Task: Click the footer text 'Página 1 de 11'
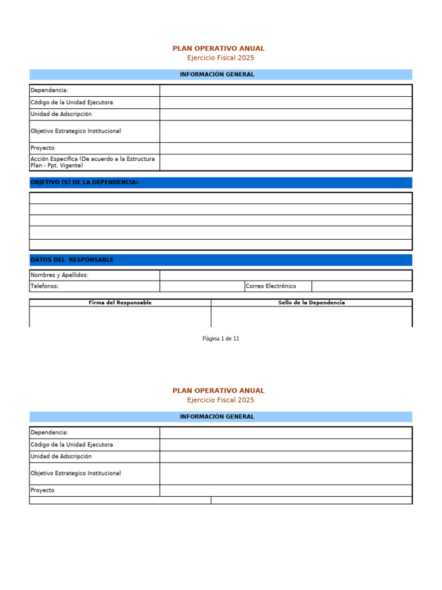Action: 220,339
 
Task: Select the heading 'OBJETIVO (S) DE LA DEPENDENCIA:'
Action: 84,183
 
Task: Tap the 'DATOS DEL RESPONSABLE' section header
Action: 72,260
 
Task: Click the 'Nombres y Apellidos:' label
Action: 59,275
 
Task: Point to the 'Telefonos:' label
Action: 44,286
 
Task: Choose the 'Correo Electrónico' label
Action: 270,286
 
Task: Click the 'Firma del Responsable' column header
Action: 120,302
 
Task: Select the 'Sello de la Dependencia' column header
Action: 311,302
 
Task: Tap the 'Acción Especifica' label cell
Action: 93,162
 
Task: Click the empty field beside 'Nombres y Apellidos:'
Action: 285,275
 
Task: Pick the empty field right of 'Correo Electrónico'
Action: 361,286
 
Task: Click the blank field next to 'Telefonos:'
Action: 201,286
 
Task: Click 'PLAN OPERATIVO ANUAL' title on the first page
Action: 219,48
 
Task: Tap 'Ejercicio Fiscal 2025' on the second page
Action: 220,400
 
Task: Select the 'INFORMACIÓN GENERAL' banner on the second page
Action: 217,417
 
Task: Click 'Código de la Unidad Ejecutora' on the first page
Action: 72,103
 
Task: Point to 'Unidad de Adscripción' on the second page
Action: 61,456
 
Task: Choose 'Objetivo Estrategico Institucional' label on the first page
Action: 76,131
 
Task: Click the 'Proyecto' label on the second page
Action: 43,490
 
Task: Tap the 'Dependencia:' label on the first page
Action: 49,90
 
